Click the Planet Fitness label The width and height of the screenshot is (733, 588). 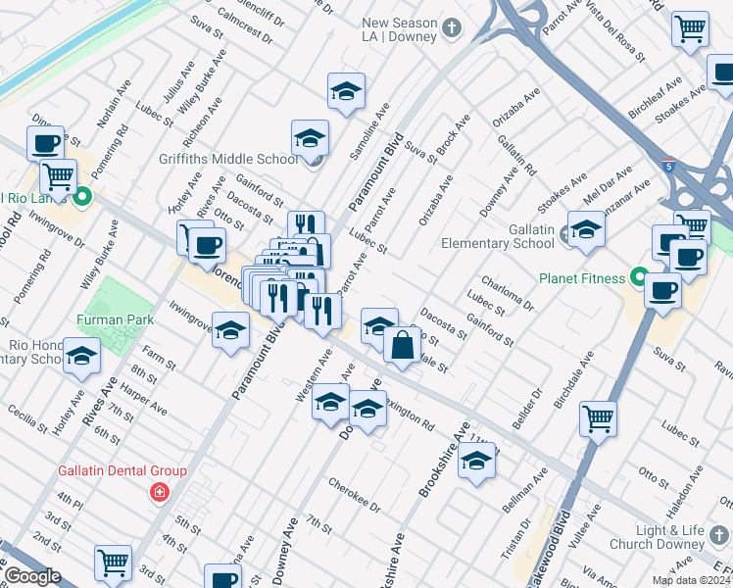581,278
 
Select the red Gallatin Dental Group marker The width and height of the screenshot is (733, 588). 158,492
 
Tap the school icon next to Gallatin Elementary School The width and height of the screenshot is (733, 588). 586,230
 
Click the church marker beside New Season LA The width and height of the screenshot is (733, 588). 452,26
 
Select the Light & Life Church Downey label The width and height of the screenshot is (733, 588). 677,537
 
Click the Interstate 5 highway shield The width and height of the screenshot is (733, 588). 668,165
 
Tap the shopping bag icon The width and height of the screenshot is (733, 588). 402,344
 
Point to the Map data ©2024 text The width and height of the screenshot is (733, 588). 690,580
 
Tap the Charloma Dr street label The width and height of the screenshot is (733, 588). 513,291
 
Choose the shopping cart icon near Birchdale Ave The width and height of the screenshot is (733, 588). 598,419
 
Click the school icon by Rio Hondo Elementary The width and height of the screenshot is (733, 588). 80,356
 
